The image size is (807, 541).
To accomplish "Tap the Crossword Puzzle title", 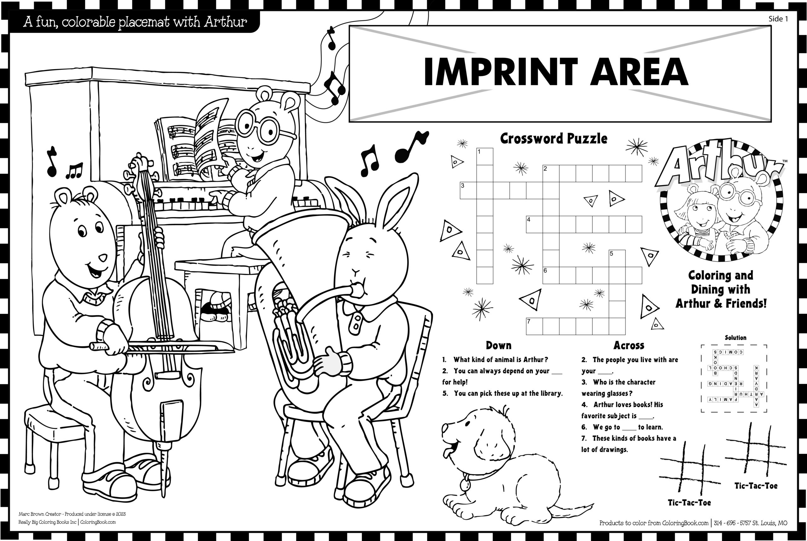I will pyautogui.click(x=554, y=139).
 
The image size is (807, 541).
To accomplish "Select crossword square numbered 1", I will pyautogui.click(x=485, y=156).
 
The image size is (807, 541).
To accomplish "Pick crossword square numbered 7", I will pyautogui.click(x=534, y=326).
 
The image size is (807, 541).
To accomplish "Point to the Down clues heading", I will pyautogui.click(x=498, y=345).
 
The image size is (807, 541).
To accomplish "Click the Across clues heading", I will pyautogui.click(x=629, y=345).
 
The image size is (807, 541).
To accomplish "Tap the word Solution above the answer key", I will pyautogui.click(x=735, y=338).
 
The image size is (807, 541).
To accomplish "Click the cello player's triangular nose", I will pyautogui.click(x=102, y=258).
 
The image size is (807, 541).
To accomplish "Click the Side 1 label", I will pyautogui.click(x=778, y=19).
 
